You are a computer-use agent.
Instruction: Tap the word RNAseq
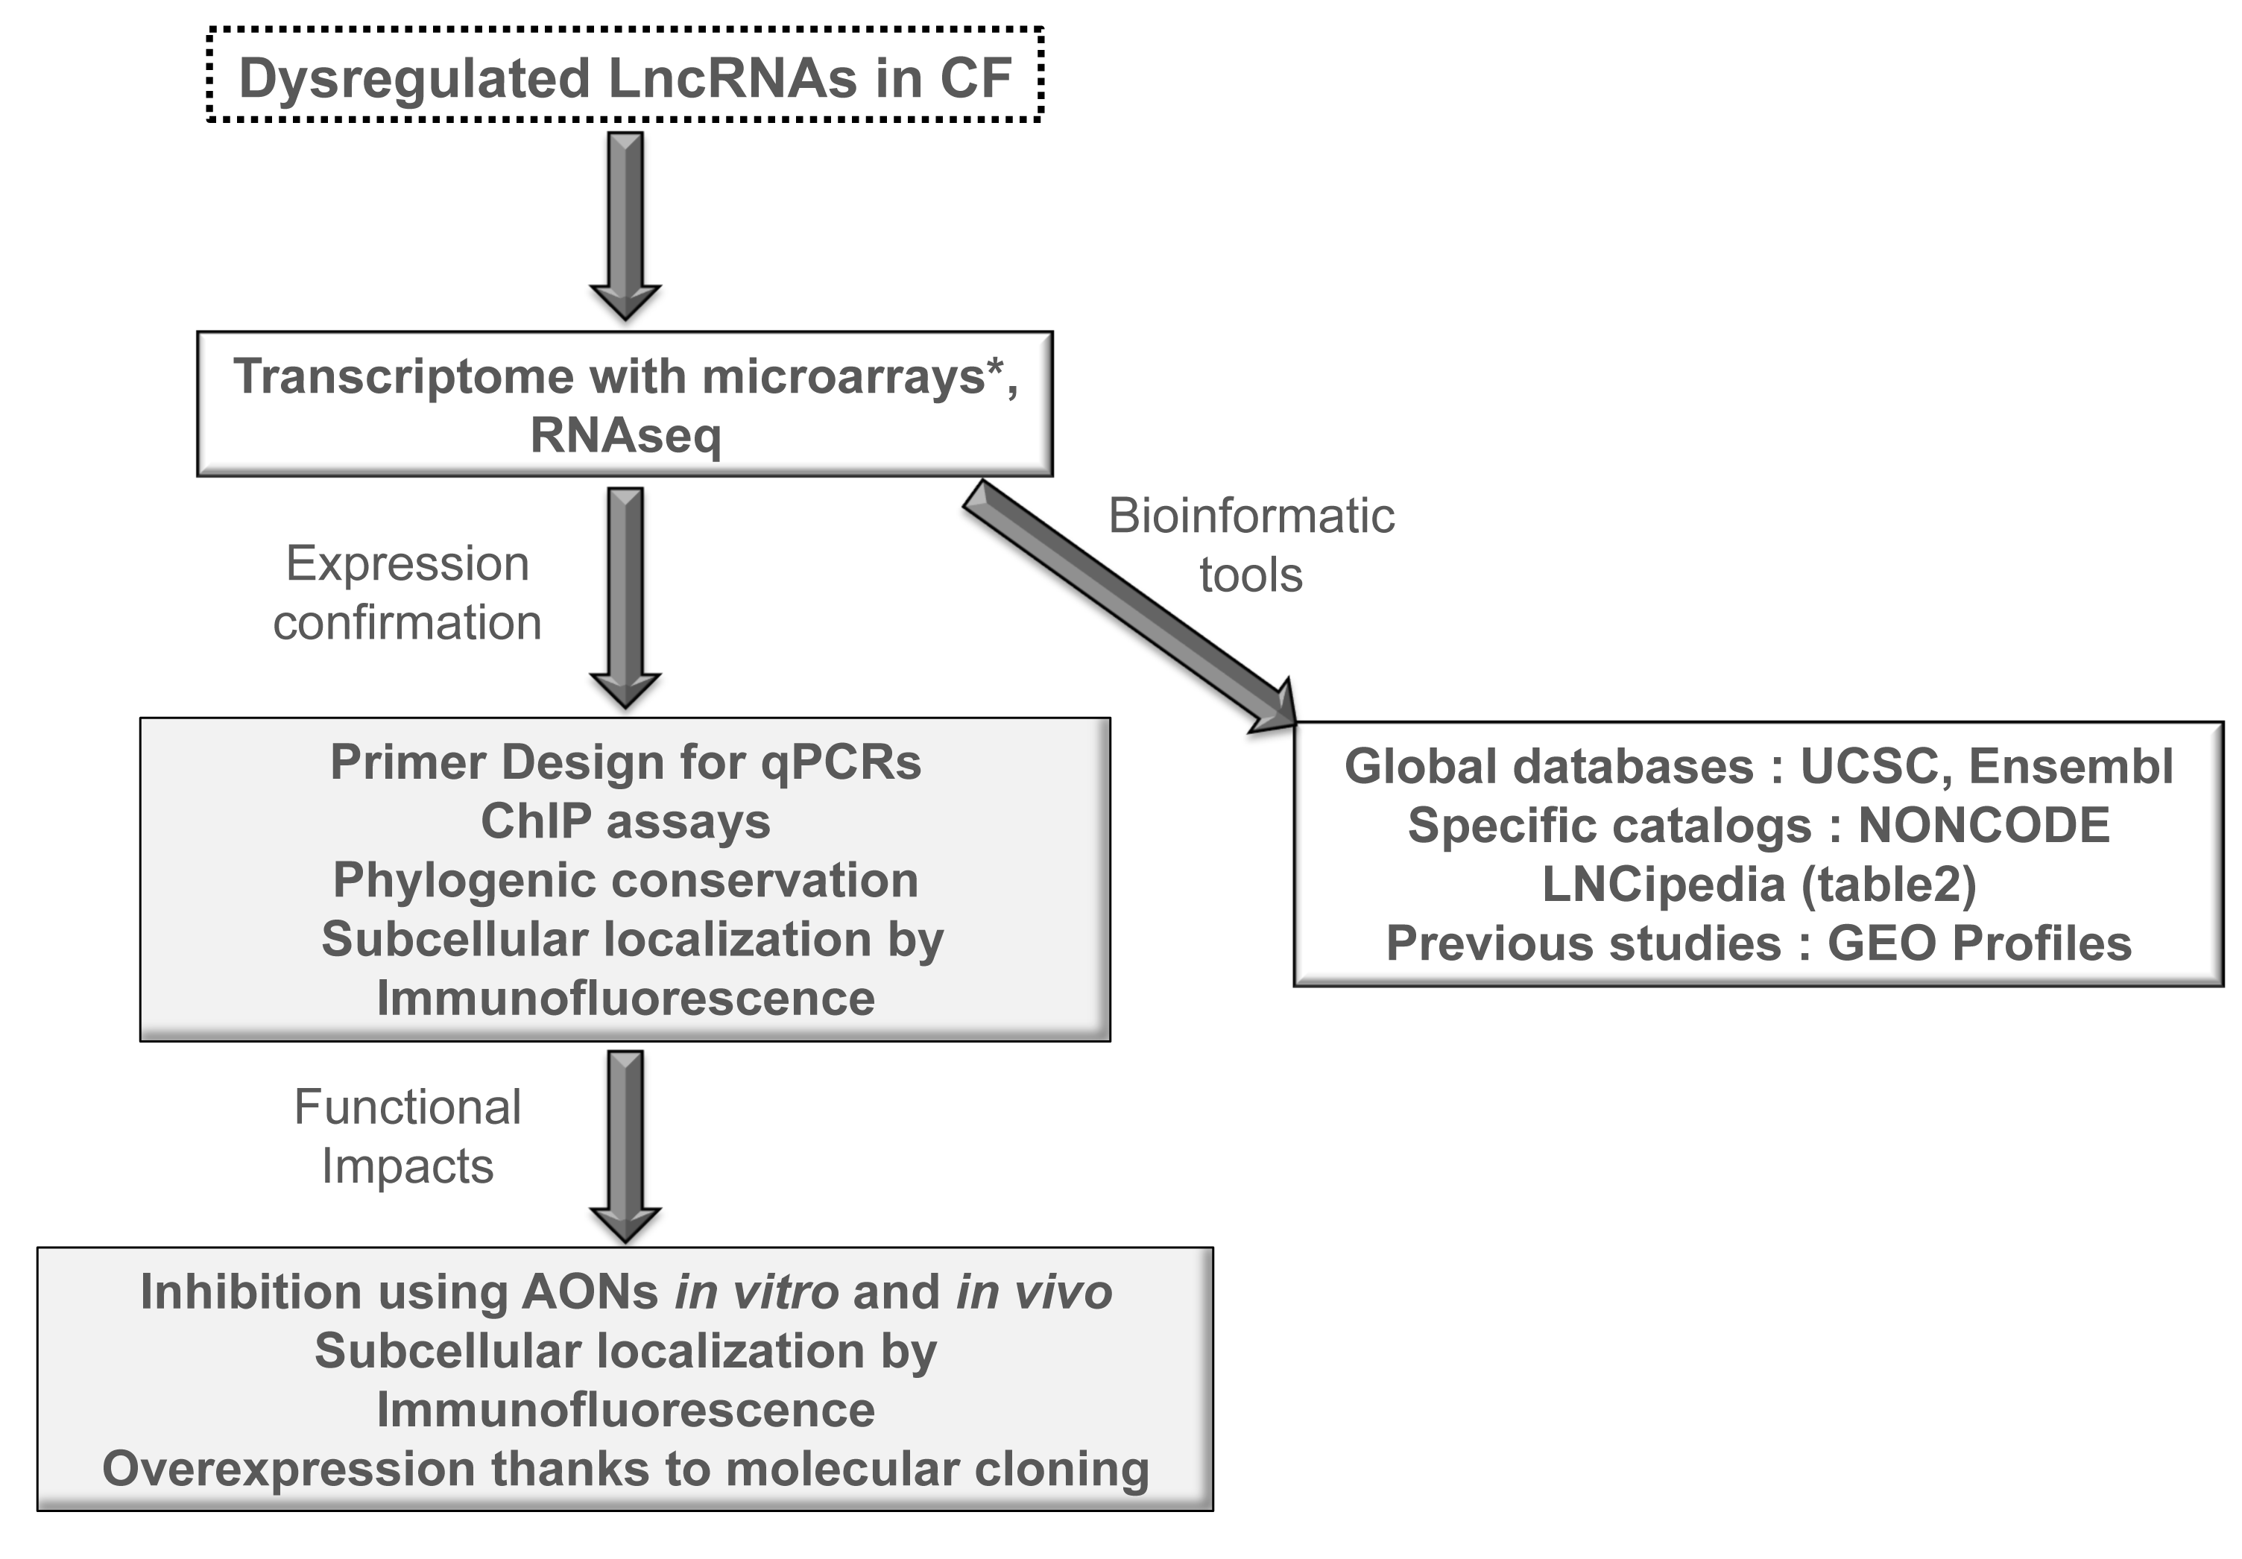[625, 435]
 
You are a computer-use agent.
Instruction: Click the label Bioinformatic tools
[1251, 545]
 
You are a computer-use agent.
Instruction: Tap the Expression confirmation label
[407, 592]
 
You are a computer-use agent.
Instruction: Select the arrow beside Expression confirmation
[625, 595]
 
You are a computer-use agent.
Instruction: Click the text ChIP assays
[625, 821]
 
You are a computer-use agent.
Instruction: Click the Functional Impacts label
[407, 1135]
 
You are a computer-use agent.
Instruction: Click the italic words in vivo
[1033, 1292]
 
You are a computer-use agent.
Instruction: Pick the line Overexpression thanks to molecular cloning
[625, 1469]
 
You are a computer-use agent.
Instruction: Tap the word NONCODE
[1983, 826]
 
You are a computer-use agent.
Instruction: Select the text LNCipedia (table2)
[1758, 885]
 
